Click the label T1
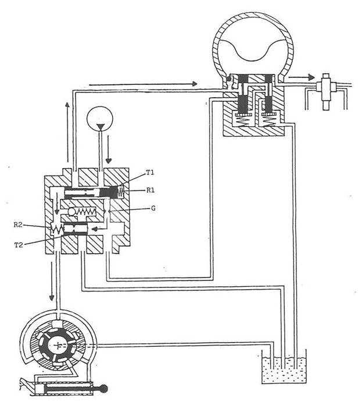tap(150, 173)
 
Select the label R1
tap(150, 190)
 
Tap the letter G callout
tap(153, 208)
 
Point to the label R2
tap(18, 225)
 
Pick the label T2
tap(19, 245)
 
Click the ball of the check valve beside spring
tap(71, 212)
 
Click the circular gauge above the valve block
tap(100, 119)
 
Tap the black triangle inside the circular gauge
tap(100, 127)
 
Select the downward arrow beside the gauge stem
tap(109, 150)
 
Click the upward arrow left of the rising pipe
tap(67, 132)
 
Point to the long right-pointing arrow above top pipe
tap(144, 84)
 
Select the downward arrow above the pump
tap(52, 281)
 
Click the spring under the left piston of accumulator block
tap(242, 120)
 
